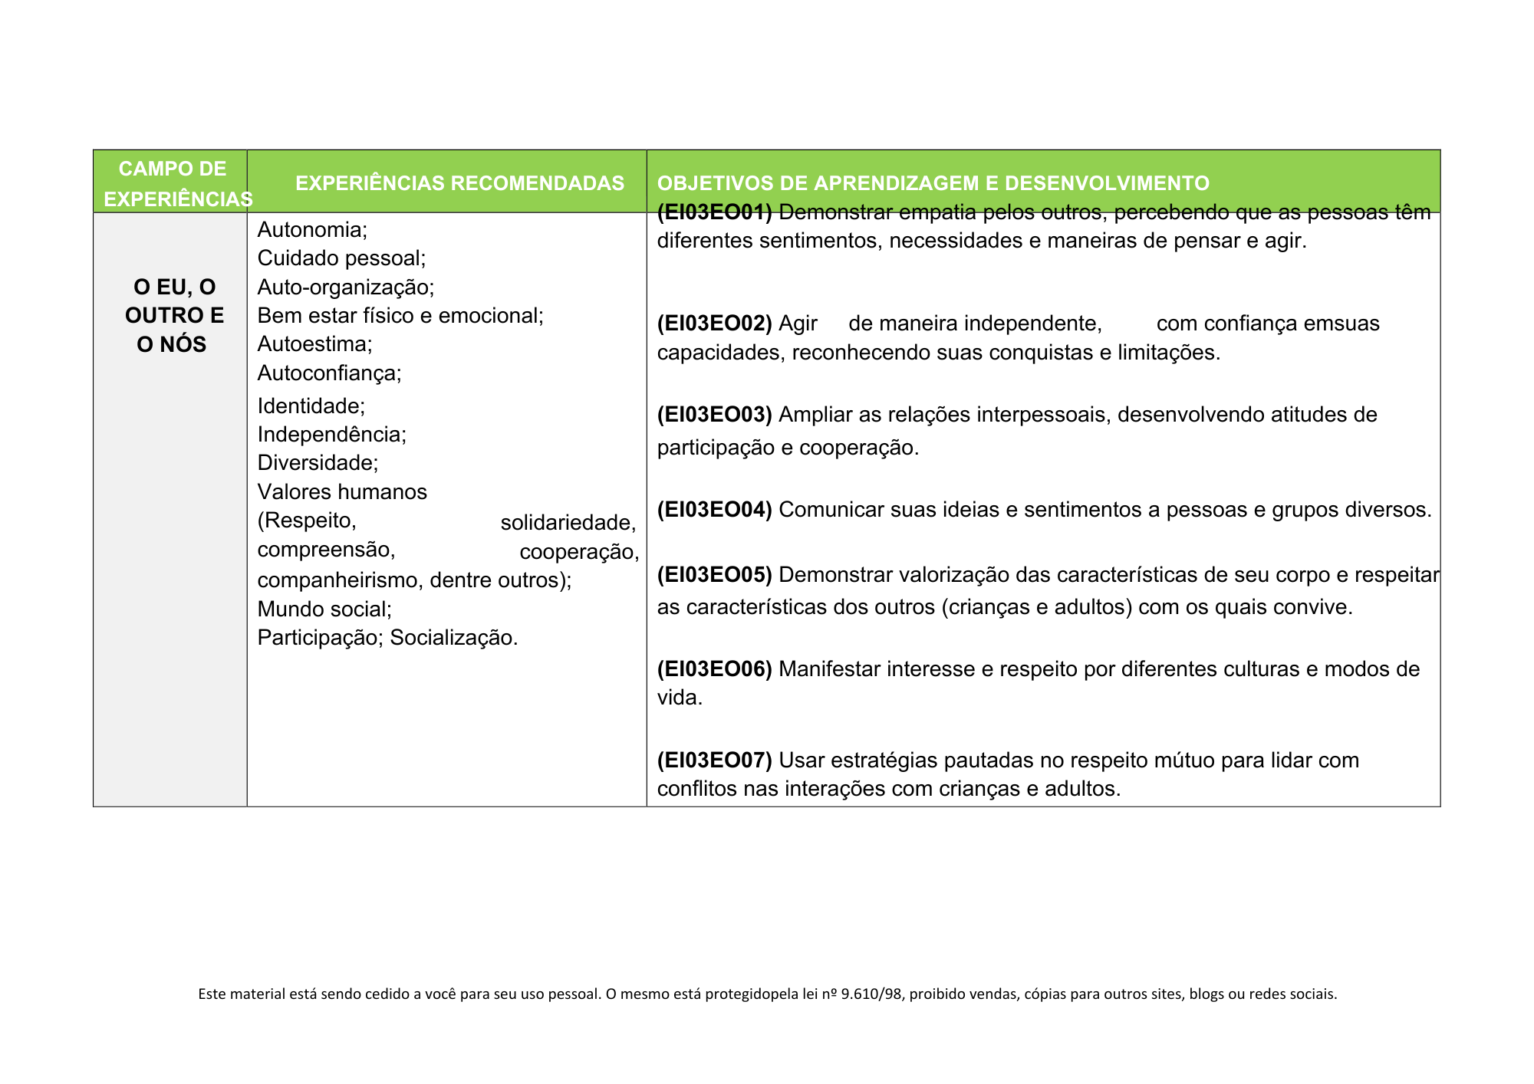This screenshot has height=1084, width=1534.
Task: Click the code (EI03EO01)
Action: pos(714,213)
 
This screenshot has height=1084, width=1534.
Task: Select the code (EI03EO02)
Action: pos(714,324)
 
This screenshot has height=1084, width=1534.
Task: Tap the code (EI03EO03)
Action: pos(714,415)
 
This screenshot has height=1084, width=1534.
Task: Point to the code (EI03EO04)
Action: pos(714,510)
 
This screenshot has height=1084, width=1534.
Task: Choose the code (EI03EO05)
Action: pos(714,575)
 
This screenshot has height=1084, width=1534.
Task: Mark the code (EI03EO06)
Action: pos(714,669)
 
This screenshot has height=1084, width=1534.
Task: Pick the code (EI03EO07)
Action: pos(714,760)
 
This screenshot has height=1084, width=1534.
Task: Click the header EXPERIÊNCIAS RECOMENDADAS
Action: pos(459,183)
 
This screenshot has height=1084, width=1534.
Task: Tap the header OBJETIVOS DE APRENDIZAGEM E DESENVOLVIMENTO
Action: pos(933,183)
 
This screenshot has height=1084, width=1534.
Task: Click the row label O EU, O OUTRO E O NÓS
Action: pos(174,316)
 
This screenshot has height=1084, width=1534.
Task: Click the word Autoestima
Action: pos(312,344)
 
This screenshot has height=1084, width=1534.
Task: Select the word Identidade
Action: pos(309,406)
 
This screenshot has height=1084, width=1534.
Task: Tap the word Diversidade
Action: pos(316,463)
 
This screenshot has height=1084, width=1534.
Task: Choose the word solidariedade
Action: pos(567,523)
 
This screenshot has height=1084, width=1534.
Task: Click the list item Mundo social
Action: pos(323,609)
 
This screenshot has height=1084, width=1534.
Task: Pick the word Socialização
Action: pos(453,638)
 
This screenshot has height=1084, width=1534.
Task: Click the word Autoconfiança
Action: pos(328,373)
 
